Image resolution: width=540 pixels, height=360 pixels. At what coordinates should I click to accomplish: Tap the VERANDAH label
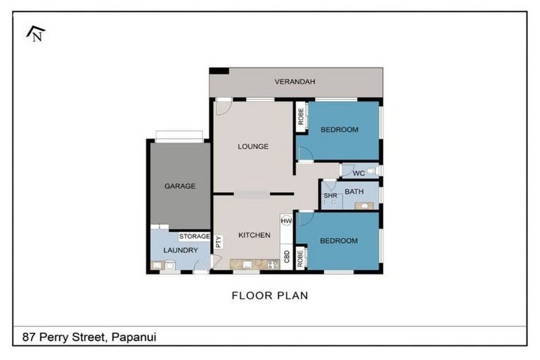(295, 82)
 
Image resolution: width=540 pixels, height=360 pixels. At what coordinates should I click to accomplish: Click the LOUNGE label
(252, 147)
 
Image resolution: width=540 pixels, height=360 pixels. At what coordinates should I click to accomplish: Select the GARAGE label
(179, 186)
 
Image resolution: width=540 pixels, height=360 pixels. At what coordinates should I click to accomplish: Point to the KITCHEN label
(254, 235)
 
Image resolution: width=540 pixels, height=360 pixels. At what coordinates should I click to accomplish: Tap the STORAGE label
(194, 236)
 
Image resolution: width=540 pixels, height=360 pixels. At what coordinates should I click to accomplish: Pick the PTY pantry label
(219, 241)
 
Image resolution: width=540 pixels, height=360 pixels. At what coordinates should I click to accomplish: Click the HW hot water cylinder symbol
(286, 221)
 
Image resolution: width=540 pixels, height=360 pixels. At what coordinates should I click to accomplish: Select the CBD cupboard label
(287, 256)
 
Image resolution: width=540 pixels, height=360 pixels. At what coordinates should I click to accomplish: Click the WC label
(358, 173)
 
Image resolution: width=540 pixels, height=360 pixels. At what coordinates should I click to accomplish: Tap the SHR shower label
(330, 195)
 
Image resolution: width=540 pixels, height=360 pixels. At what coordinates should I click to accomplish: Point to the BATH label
(354, 191)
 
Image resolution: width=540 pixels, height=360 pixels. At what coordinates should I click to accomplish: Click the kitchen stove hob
(272, 265)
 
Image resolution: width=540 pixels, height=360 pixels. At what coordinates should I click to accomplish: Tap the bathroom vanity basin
(364, 205)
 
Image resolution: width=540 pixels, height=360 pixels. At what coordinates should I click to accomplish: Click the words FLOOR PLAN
(269, 295)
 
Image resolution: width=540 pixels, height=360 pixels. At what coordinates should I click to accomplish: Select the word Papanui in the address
(133, 337)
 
